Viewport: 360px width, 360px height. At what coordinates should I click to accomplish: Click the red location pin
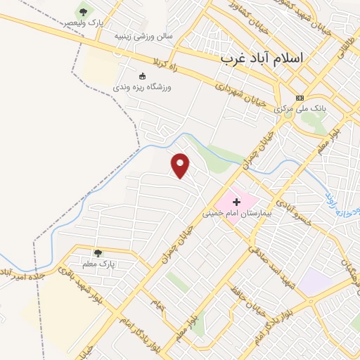(181, 165)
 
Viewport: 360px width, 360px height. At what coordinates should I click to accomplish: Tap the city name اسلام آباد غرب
(260, 58)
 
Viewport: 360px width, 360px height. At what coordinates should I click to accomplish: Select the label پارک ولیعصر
(84, 23)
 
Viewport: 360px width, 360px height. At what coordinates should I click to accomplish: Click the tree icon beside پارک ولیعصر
(84, 11)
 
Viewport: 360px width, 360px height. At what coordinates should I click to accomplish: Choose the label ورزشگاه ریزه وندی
(142, 87)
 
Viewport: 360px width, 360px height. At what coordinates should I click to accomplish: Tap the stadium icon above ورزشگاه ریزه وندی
(142, 76)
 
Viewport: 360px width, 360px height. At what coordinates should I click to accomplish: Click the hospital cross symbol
(236, 201)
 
